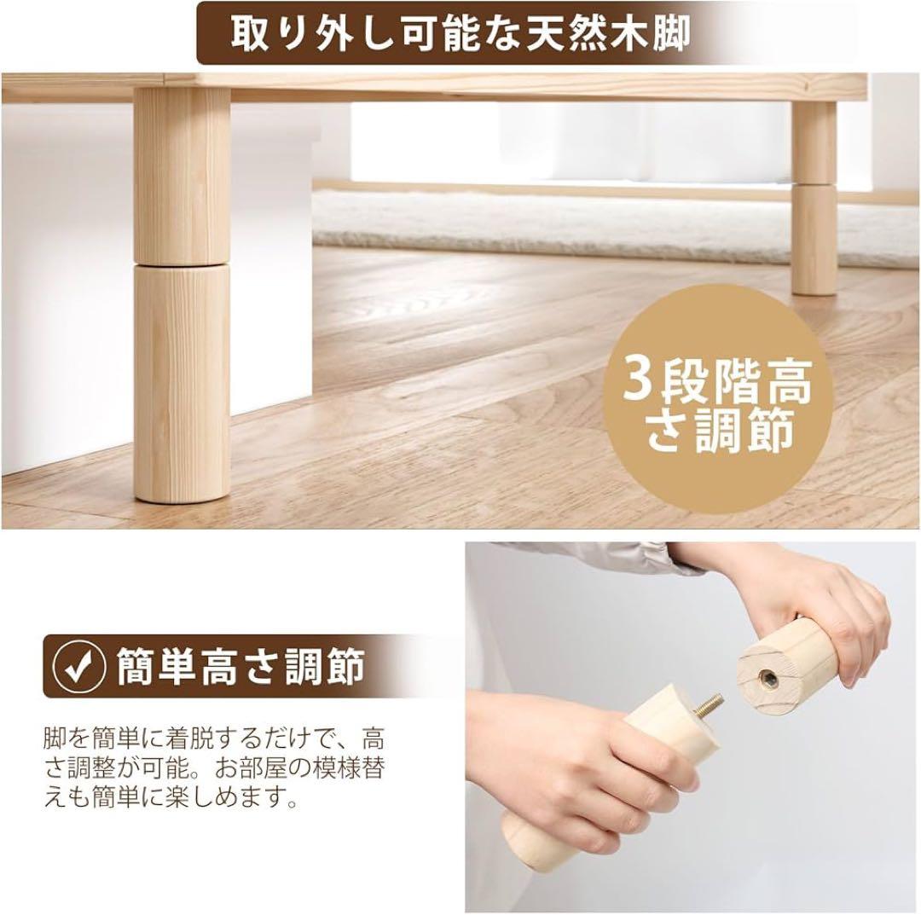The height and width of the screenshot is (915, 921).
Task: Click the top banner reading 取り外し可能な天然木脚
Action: point(458,34)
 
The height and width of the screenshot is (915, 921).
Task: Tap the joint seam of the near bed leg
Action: point(182,263)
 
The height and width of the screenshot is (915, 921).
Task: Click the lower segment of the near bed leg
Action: point(182,384)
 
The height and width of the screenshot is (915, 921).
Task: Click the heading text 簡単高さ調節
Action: point(240,668)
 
